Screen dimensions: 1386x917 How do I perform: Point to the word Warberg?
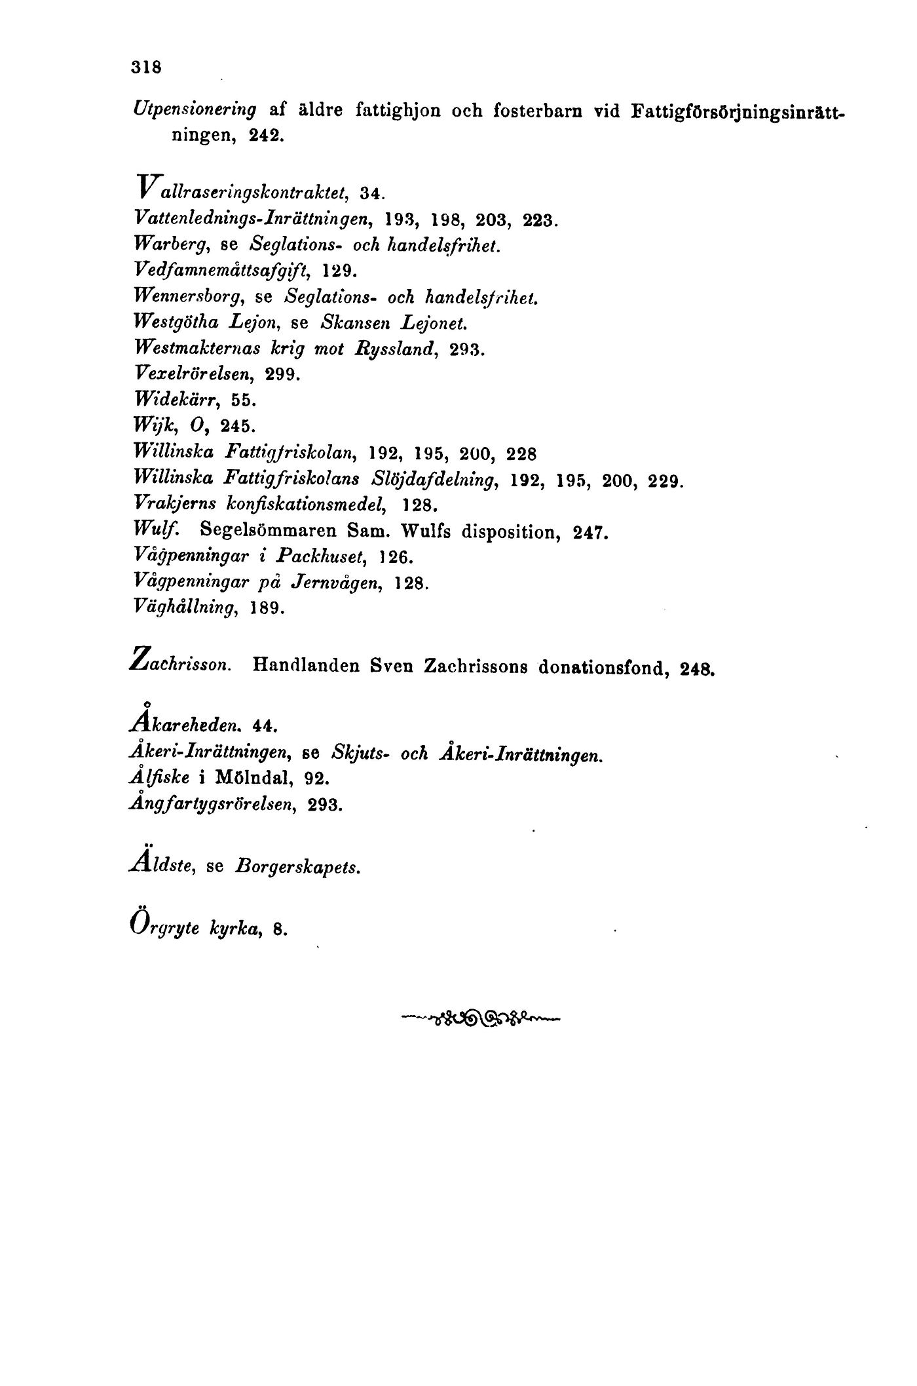[170, 244]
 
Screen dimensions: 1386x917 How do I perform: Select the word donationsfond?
[603, 668]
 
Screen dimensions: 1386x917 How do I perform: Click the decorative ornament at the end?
[480, 1018]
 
